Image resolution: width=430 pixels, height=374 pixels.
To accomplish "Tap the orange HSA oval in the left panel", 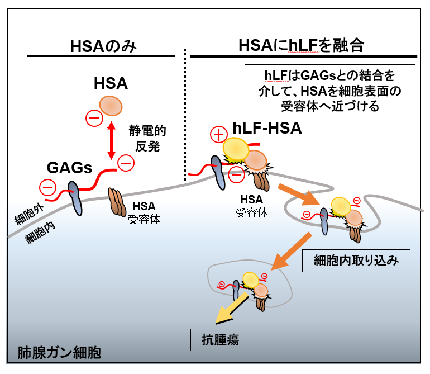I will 111,105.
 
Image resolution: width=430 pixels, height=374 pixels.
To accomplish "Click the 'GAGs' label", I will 69,168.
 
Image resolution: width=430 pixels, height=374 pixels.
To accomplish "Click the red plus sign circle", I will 218,135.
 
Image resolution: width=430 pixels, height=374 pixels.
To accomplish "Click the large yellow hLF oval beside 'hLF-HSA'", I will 236,149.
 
